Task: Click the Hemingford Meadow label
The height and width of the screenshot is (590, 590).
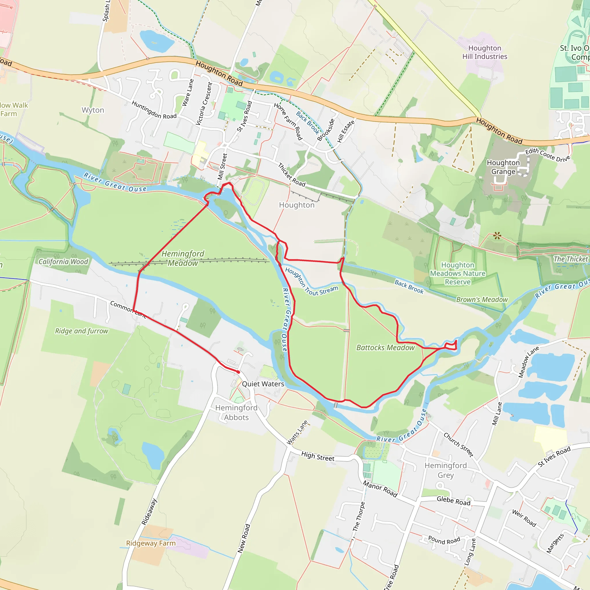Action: tap(183, 258)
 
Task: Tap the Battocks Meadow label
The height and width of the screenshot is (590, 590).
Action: tap(385, 347)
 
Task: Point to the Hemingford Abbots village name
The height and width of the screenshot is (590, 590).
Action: tap(236, 413)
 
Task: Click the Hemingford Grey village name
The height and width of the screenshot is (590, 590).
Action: tap(446, 470)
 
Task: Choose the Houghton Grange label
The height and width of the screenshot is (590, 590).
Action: tap(503, 167)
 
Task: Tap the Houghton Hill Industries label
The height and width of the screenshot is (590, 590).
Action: tap(485, 52)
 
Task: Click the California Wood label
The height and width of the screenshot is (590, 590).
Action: tap(63, 262)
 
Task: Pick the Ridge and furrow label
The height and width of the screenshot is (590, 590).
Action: tap(82, 331)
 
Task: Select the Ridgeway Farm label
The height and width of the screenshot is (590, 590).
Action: tap(151, 543)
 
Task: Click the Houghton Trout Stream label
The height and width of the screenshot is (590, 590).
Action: tap(311, 283)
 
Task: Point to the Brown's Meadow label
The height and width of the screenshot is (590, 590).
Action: tap(482, 300)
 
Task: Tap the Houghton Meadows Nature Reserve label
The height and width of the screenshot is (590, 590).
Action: tap(458, 273)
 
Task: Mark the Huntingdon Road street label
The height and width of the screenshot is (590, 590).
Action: tap(154, 110)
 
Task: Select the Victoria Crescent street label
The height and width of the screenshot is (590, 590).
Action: tap(204, 104)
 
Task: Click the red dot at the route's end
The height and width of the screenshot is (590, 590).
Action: tap(238, 372)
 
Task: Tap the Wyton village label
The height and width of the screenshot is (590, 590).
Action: tap(93, 110)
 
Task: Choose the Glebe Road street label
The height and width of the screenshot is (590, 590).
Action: tap(453, 501)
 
